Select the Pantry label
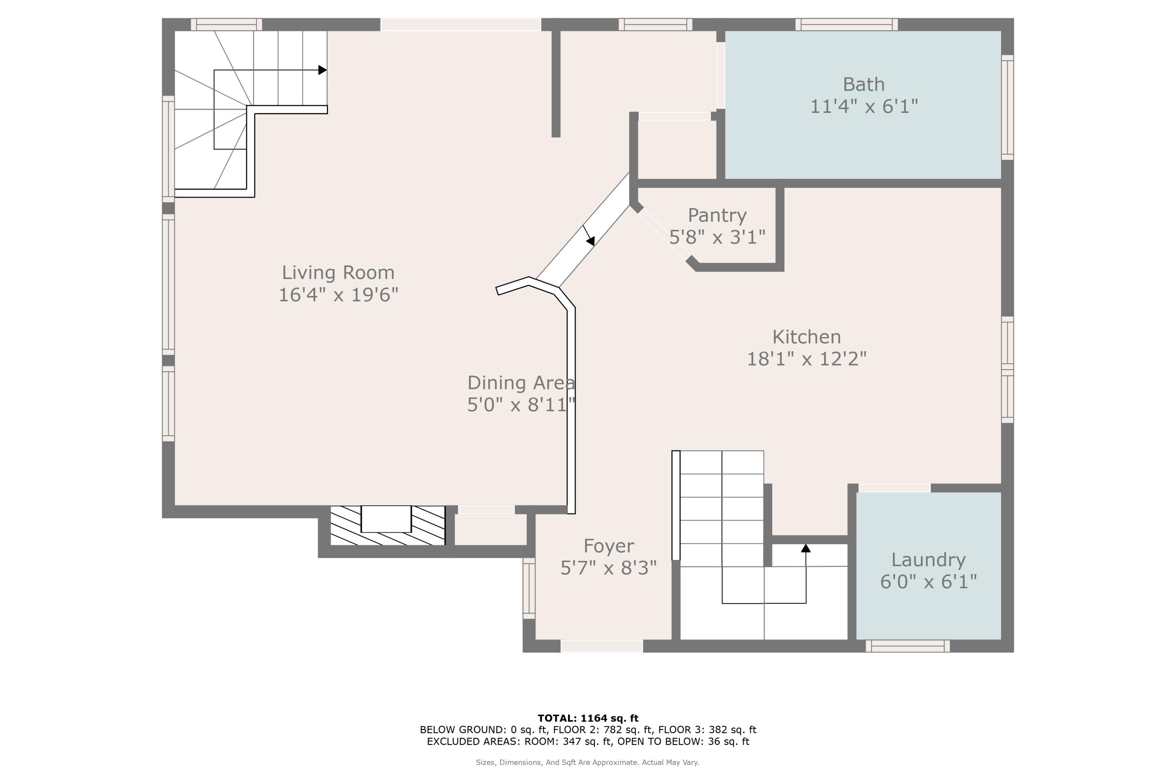tap(717, 216)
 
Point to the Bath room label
tap(864, 85)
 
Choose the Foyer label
tap(608, 546)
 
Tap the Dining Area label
tap(521, 383)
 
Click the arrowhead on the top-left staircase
tap(323, 70)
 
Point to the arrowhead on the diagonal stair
tap(590, 241)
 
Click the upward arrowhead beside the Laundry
tap(806, 548)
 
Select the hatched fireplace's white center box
tap(386, 519)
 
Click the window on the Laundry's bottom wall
tap(907, 646)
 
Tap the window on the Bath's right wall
tap(1007, 107)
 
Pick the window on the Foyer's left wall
tap(529, 588)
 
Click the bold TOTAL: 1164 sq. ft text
tap(588, 719)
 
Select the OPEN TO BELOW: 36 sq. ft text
tap(684, 742)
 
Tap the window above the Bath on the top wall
tap(846, 24)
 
